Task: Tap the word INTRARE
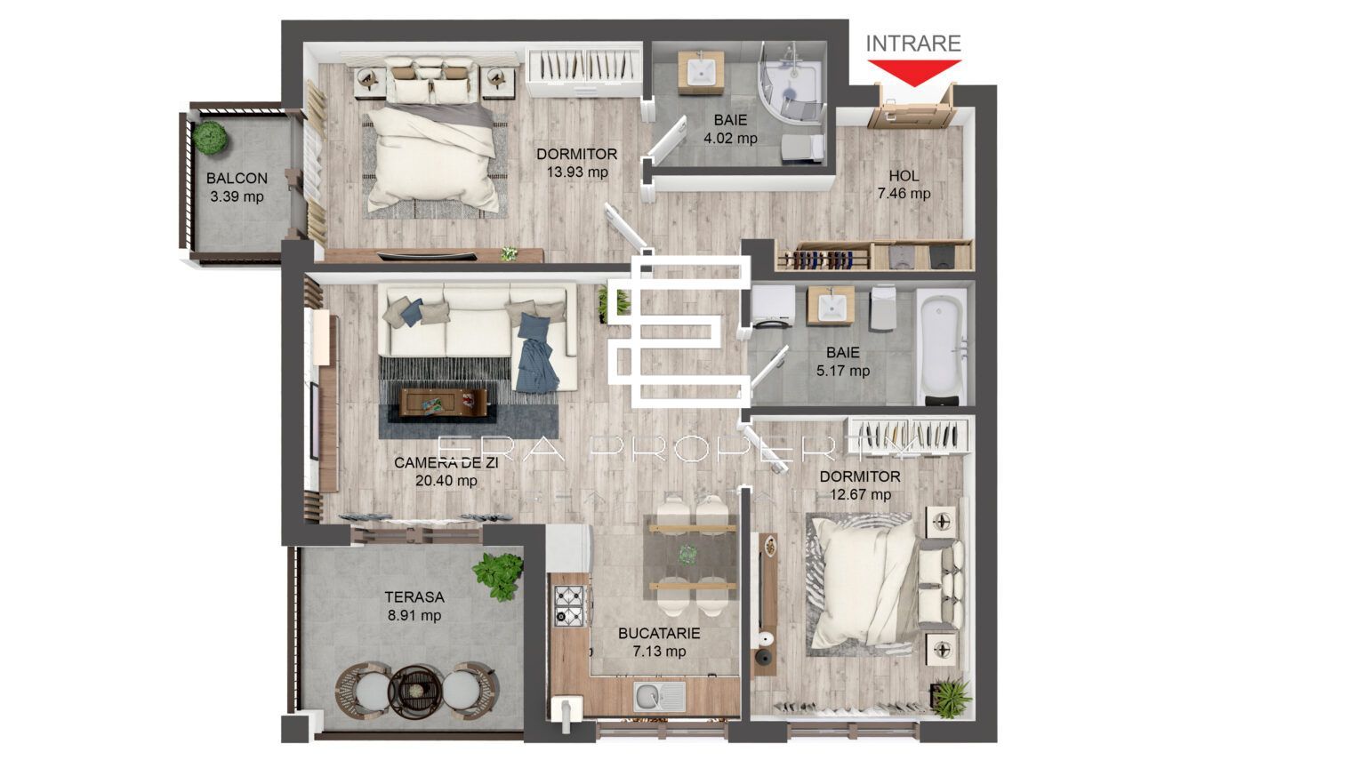[913, 44]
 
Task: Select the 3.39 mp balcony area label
[237, 196]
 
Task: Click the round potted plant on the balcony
[211, 137]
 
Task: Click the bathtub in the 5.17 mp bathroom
[942, 345]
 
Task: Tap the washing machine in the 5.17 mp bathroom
[773, 307]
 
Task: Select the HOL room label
[904, 176]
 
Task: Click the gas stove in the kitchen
[569, 605]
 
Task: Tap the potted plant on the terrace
[497, 575]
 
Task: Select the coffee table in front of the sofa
[443, 402]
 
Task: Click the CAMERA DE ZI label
[446, 463]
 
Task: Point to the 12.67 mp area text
[859, 495]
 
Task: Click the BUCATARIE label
[659, 634]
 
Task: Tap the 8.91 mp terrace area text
[414, 615]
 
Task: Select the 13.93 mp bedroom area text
[577, 172]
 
